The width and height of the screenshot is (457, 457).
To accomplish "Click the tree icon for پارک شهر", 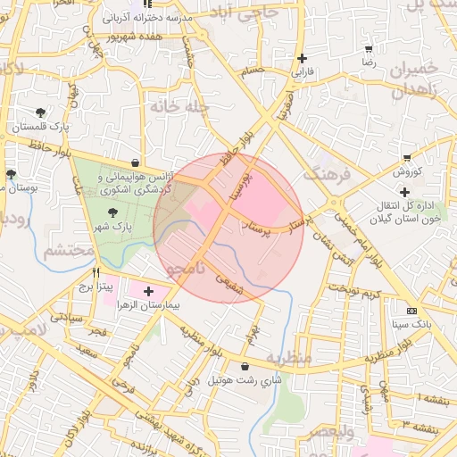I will click(x=112, y=212).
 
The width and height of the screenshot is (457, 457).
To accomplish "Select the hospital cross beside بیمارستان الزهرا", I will click(x=148, y=290).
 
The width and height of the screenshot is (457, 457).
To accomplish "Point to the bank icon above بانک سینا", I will click(x=411, y=311).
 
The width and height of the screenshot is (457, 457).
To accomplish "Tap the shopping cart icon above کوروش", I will click(x=407, y=157).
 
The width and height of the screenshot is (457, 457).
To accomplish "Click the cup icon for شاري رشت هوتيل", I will click(x=245, y=366).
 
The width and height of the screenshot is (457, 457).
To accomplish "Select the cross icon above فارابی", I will click(x=303, y=58).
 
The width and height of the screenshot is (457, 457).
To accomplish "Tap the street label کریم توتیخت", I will click(x=353, y=290).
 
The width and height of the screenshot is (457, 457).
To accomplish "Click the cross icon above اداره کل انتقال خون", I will click(x=404, y=192).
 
